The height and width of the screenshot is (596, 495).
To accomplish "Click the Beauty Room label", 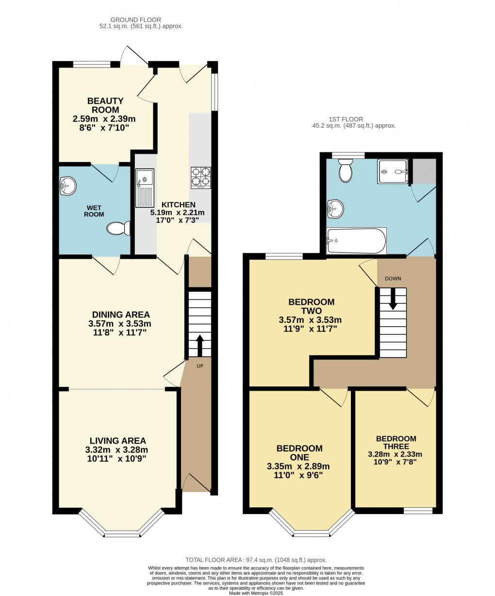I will coord(105,105).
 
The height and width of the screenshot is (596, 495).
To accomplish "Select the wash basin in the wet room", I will coord(67,184).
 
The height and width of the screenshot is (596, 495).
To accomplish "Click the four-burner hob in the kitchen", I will coord(201,177).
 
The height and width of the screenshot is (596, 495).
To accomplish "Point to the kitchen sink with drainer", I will coord(145,188).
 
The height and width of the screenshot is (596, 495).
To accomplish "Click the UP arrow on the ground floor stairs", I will coord(199,345).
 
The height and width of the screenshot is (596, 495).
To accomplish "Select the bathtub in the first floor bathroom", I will coord(357,241).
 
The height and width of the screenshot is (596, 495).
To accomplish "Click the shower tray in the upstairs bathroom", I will coord(393,171).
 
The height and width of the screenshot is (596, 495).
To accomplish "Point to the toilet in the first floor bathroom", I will coord(346,171).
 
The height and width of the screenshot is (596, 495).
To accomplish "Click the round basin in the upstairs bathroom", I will coord(335,209).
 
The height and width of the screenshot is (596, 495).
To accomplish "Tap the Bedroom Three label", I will coord(396,442).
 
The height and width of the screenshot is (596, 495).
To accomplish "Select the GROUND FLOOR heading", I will coord(141,20).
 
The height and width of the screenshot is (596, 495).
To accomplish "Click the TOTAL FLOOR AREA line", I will coord(256,560).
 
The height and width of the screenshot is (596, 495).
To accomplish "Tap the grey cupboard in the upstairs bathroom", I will coord(424,171).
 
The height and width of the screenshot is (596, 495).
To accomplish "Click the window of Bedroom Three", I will coord(418,511).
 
